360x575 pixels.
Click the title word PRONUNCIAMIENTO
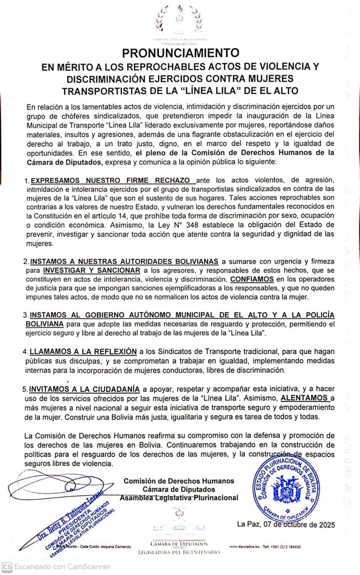180,53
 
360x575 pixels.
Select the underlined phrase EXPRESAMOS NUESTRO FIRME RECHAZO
110,180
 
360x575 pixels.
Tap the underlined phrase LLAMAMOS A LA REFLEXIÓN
83,352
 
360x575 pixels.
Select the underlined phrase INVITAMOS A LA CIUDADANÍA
85,389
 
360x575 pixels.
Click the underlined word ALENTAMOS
305,398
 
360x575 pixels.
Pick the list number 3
25,315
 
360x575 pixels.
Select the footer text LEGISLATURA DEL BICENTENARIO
179,552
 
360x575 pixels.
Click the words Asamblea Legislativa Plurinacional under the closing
179,498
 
